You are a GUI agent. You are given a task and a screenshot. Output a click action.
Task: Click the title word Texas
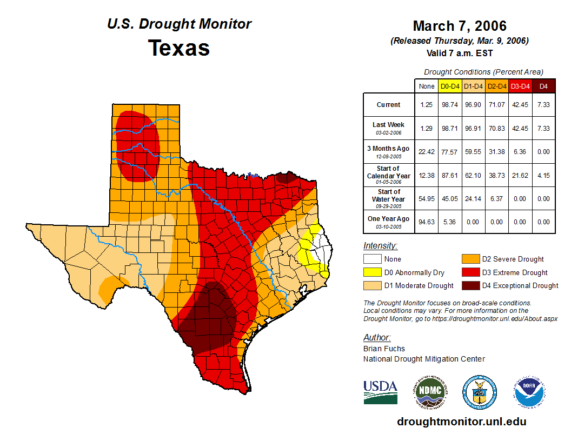pos(179,48)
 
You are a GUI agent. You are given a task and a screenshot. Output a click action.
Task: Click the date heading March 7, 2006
pos(460,26)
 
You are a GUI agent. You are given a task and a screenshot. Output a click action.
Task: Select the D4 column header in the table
pos(543,86)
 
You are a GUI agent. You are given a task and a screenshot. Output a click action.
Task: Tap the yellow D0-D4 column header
pos(450,86)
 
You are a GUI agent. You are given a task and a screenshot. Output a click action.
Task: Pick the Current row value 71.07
pos(497,105)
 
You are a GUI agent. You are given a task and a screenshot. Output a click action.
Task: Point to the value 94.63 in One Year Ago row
pos(427,222)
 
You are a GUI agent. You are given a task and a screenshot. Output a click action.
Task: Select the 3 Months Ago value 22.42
pos(427,152)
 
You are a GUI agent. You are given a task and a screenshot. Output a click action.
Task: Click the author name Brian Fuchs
pos(384,349)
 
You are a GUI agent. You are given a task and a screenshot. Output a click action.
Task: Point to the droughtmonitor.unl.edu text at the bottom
pos(461,422)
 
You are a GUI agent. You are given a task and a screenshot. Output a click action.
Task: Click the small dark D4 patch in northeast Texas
pos(285,177)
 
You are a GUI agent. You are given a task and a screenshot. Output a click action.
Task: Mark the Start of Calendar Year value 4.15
pos(543,175)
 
